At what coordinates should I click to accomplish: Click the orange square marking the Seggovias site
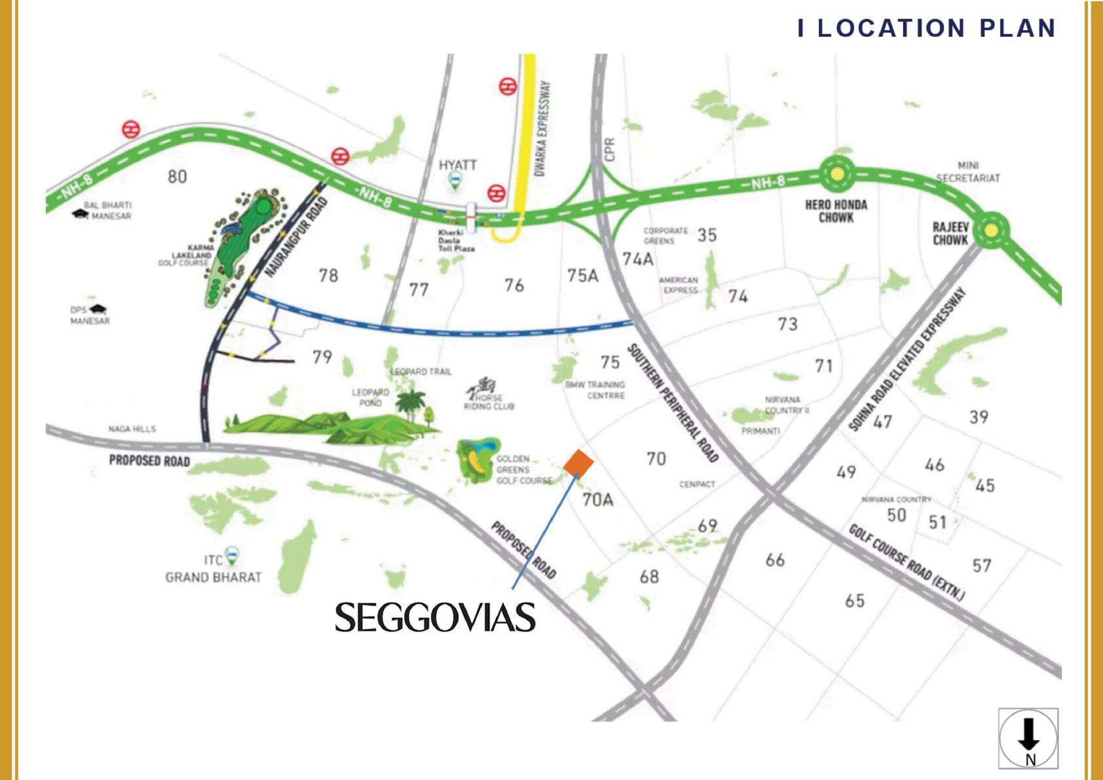click(x=578, y=464)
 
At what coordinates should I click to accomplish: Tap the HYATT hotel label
click(x=457, y=165)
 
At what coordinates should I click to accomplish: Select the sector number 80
click(x=177, y=177)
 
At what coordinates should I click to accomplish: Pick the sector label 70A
click(x=598, y=500)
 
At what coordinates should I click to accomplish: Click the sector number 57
click(x=981, y=566)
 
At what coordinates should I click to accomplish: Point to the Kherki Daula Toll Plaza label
click(x=456, y=240)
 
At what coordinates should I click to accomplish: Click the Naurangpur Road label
click(x=296, y=238)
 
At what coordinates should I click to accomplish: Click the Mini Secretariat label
click(x=968, y=172)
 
